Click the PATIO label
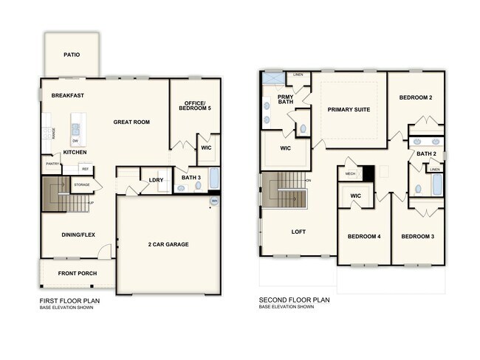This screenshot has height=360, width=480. (72, 55)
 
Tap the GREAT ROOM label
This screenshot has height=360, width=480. (132, 122)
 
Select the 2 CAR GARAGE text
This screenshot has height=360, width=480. (169, 243)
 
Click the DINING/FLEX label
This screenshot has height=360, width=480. (78, 235)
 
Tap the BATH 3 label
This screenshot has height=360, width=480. (191, 176)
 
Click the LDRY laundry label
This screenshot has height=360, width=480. (156, 179)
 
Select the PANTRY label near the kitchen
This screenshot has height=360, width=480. (52, 165)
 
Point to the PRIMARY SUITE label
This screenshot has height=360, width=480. (349, 109)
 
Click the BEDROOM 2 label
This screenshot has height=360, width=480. (416, 97)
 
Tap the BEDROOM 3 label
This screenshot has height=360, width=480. (417, 236)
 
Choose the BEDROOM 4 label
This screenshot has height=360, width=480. (364, 236)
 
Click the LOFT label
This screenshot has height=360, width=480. (298, 232)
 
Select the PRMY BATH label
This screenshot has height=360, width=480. (286, 100)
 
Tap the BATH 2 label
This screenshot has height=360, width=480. (426, 153)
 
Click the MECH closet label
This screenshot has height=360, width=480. (351, 174)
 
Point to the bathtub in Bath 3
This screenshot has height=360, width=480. (214, 179)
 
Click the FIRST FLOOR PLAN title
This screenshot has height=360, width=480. (69, 300)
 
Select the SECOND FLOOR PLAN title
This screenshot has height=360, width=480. (294, 300)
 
